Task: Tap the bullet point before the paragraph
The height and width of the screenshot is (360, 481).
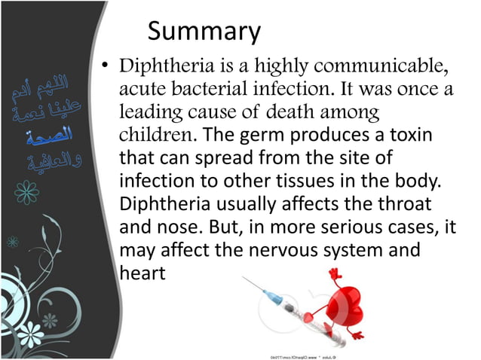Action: (x=106, y=69)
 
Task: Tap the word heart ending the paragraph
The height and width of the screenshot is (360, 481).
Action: (x=142, y=273)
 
